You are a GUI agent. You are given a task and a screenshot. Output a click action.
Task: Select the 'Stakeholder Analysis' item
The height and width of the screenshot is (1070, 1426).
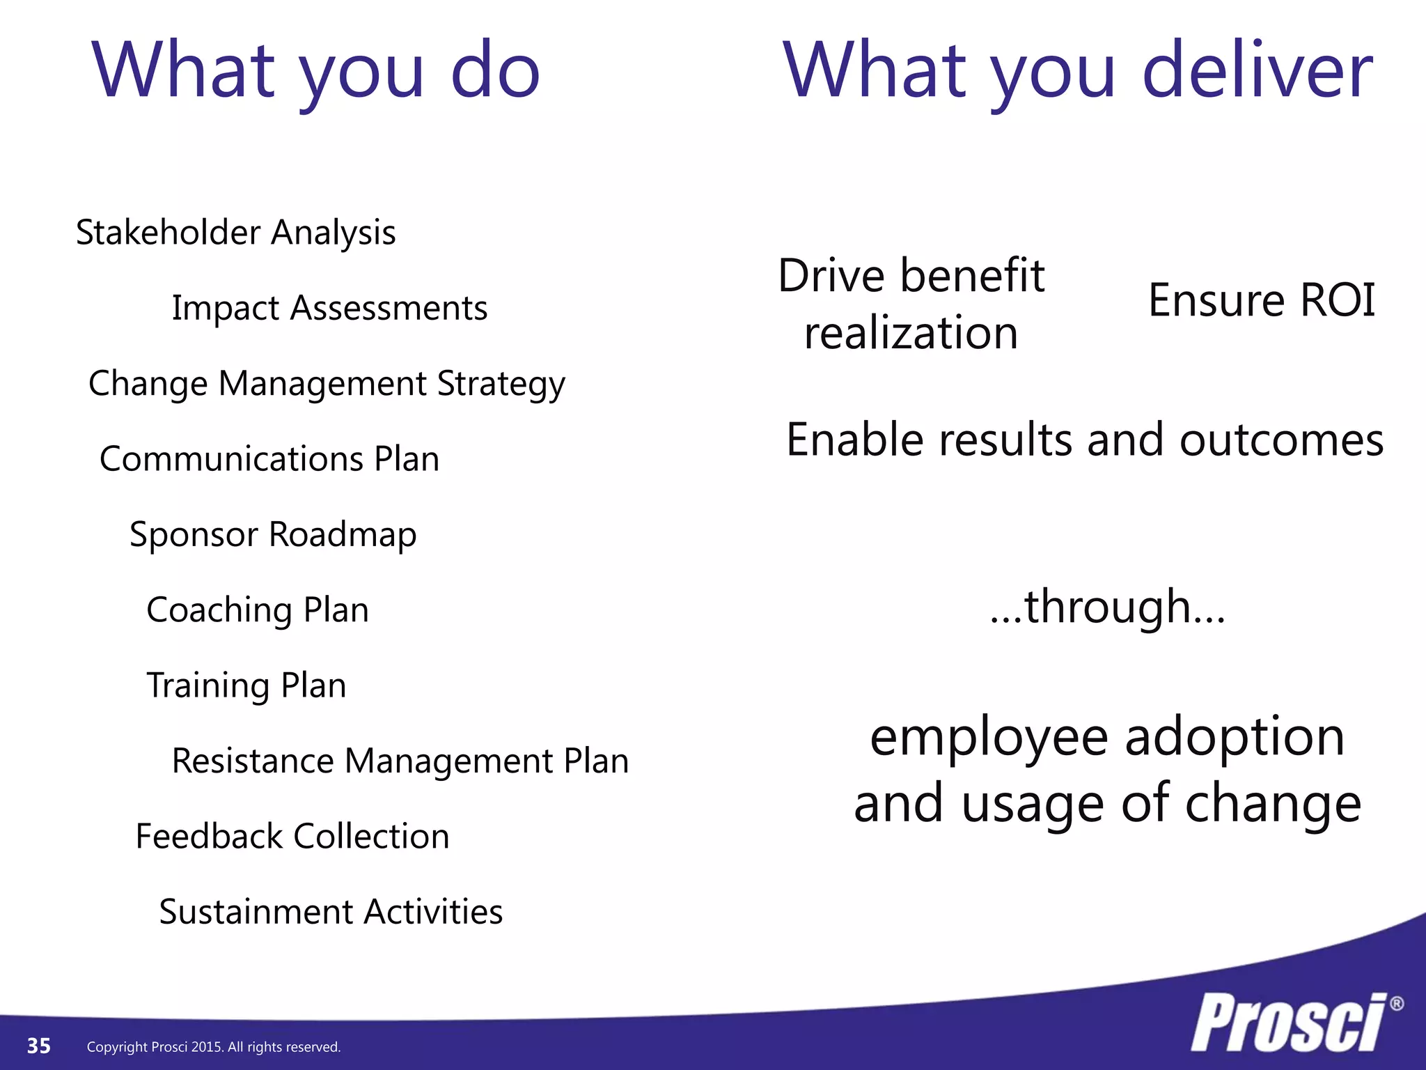[235, 233]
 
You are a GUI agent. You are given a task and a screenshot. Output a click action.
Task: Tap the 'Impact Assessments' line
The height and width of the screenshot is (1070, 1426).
[329, 308]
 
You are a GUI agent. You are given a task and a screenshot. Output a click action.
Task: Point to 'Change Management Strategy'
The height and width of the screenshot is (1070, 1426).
[327, 384]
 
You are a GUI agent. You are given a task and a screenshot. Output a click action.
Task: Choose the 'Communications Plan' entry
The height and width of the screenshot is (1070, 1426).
[269, 459]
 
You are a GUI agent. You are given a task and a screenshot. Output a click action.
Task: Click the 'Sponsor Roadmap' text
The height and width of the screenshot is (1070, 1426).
[273, 535]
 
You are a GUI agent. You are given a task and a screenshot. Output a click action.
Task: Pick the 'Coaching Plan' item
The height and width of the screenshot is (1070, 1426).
[257, 610]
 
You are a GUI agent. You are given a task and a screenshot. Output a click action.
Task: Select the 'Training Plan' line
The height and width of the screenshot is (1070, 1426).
[246, 685]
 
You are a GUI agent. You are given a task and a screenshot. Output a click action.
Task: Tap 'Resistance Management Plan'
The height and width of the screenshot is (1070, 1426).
[400, 761]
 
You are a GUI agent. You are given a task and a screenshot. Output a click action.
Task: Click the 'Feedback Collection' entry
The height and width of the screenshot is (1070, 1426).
[292, 837]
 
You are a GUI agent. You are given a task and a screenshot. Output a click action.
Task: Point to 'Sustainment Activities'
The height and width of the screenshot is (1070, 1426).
[331, 912]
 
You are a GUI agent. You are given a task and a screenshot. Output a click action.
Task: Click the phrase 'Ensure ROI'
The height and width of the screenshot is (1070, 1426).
[1261, 301]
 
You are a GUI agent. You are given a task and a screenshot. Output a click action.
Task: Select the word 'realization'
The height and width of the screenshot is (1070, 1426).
[911, 333]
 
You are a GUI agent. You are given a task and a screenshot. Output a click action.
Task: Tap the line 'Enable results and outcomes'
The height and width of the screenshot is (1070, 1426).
[1084, 440]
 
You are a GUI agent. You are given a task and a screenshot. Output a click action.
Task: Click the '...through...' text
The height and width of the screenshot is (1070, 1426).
[1107, 607]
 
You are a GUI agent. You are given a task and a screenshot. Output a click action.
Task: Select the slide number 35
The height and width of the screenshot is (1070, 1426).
[39, 1046]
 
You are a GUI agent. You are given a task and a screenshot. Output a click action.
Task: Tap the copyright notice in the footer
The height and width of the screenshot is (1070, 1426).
[214, 1047]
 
